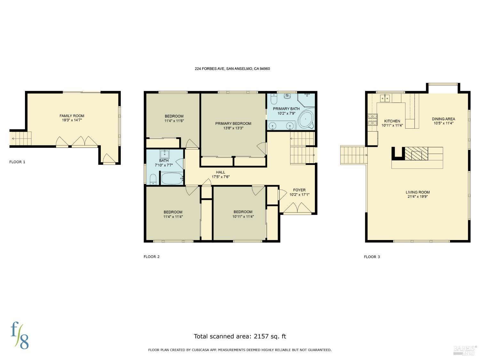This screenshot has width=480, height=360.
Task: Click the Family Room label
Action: point(72,116)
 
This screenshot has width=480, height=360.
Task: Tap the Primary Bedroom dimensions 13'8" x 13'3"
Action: point(233,128)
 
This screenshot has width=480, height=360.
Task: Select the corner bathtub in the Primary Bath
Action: point(306,120)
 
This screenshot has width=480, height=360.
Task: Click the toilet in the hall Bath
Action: point(153,179)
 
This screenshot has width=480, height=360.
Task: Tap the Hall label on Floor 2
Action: point(220,172)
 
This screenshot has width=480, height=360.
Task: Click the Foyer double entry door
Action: point(298,209)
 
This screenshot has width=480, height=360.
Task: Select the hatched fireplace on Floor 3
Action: point(416,154)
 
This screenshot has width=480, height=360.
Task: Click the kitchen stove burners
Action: point(372,119)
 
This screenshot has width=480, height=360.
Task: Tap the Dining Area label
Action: point(443,119)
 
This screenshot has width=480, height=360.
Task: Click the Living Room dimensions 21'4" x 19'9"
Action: point(418,197)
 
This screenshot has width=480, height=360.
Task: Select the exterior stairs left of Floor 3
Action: point(353,155)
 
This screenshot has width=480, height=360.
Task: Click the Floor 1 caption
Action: point(17,162)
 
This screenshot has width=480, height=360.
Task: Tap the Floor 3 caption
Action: point(372,257)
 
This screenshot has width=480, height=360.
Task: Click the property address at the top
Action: point(232,68)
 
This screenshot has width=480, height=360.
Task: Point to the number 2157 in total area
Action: point(262,336)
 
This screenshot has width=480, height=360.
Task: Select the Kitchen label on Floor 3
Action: point(392,121)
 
